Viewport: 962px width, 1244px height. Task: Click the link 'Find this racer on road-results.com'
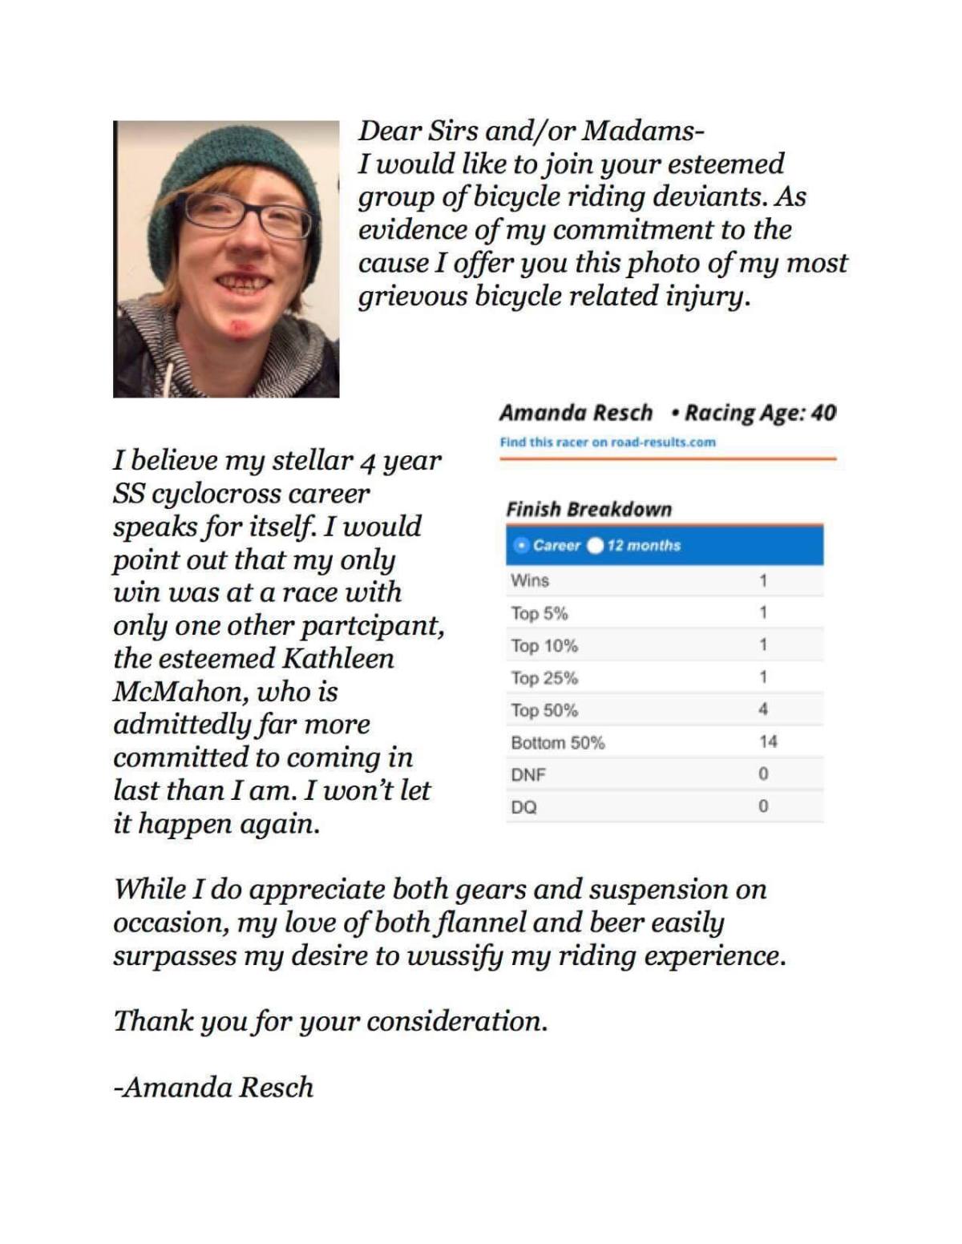tap(607, 442)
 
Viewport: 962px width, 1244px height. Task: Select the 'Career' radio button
tap(522, 545)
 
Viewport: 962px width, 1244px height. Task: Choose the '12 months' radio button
tap(595, 545)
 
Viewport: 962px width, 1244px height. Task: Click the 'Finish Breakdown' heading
tap(588, 509)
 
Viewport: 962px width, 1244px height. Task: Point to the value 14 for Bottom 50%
tap(767, 741)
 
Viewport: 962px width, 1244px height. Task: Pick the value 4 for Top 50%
tap(762, 709)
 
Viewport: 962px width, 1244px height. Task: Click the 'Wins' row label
tap(530, 580)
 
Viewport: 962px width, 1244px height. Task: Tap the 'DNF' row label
tap(527, 774)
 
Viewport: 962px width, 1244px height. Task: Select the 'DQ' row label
tap(523, 807)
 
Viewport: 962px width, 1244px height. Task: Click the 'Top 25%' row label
tap(544, 678)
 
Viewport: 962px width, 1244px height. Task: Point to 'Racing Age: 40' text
tap(759, 413)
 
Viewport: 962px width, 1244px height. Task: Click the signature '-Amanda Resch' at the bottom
tap(213, 1087)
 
